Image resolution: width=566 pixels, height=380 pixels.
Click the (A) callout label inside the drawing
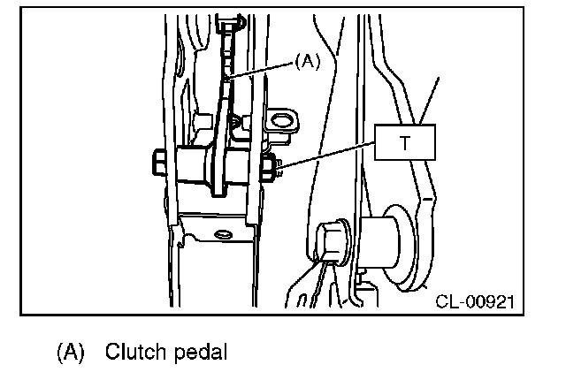coord(303,60)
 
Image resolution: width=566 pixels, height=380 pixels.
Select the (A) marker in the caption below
coord(71,352)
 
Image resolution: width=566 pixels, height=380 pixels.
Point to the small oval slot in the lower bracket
coord(220,234)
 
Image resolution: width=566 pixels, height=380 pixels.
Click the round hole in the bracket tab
coord(280,119)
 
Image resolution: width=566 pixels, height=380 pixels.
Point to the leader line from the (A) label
coord(262,70)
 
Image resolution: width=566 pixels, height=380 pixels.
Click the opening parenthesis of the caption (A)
coord(60,352)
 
